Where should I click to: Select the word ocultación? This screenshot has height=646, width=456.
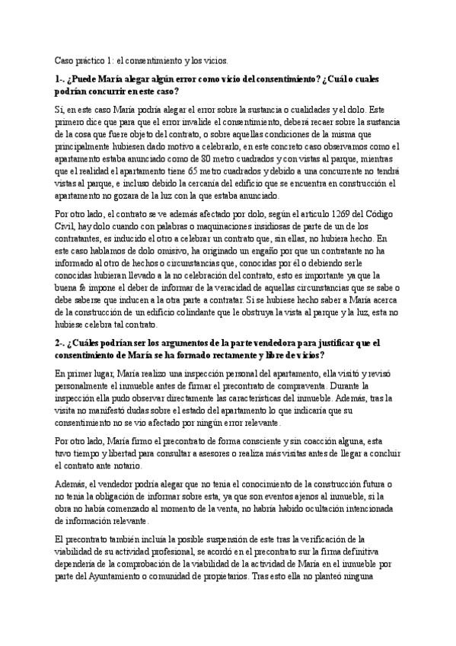coord(314,510)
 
